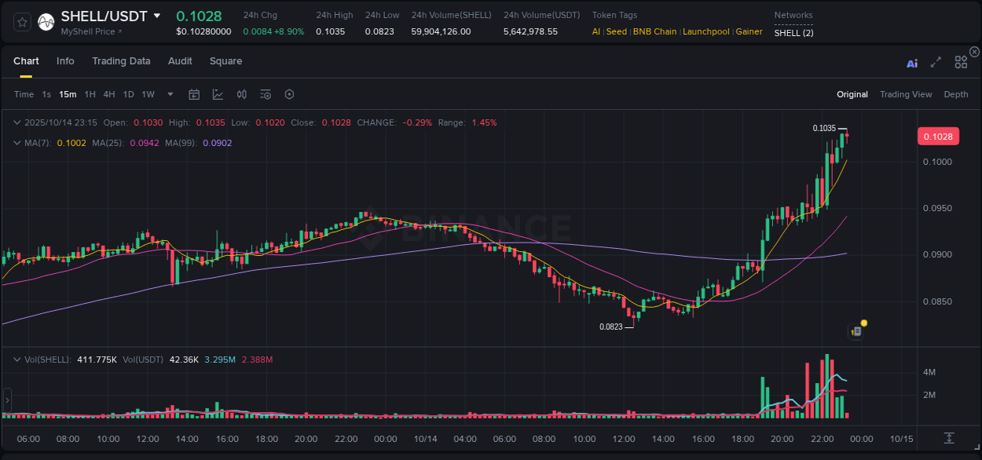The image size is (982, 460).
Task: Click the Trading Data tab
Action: click(x=121, y=61)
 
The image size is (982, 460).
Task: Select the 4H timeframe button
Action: click(x=109, y=94)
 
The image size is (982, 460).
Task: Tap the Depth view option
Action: click(x=955, y=94)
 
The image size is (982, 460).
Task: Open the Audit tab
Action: click(x=180, y=61)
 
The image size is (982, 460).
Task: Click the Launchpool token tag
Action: click(x=705, y=31)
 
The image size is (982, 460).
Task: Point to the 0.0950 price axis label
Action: click(x=938, y=208)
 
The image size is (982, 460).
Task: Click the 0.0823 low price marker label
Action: click(x=610, y=327)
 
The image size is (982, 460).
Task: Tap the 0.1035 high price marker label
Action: click(x=824, y=128)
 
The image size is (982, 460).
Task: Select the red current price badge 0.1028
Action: click(x=938, y=137)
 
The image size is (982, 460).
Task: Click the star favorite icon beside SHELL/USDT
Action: click(x=23, y=22)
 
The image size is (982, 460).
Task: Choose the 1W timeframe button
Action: click(x=148, y=94)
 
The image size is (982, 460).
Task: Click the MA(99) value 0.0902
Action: click(x=218, y=143)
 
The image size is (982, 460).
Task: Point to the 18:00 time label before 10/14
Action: click(x=266, y=438)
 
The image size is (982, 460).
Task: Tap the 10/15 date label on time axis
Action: click(x=901, y=438)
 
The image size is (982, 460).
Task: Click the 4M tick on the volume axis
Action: click(x=929, y=372)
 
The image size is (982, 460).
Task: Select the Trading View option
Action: click(x=905, y=94)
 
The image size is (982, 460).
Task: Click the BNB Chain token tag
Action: click(x=654, y=31)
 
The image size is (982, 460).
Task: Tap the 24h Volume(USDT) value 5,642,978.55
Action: click(x=530, y=31)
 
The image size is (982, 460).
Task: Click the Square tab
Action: click(x=225, y=61)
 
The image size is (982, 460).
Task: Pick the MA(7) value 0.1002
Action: click(x=68, y=143)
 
